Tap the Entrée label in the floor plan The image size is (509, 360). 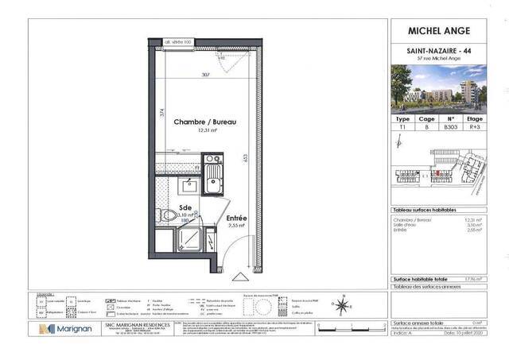(x=236, y=219)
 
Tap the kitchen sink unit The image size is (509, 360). (x=212, y=176)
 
